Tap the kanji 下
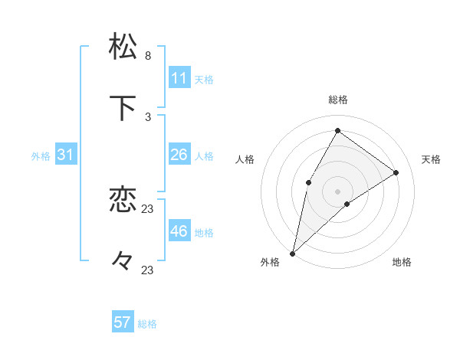123,109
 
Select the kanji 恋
123,199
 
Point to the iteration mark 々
123,261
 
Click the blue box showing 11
179,78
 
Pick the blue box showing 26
179,155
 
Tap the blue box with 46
179,231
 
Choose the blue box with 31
66,155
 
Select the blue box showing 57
123,322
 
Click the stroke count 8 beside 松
148,56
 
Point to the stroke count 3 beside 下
148,117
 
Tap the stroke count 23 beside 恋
148,208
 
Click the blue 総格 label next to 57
147,324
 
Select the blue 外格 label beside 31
41,156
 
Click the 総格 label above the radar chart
337,100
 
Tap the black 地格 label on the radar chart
402,263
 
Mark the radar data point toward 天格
396,172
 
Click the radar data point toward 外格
292,253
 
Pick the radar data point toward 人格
309,182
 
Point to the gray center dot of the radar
337,191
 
